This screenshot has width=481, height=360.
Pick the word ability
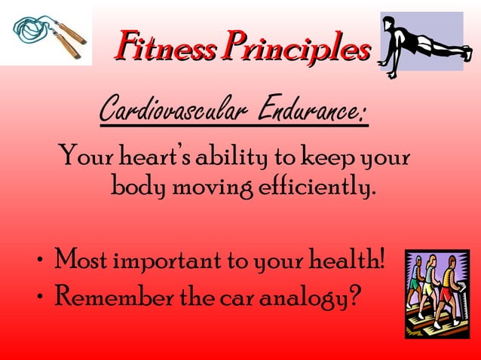pos(241,160)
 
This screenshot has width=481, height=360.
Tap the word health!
pos(346,262)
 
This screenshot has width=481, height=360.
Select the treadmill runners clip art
pos(436,292)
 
